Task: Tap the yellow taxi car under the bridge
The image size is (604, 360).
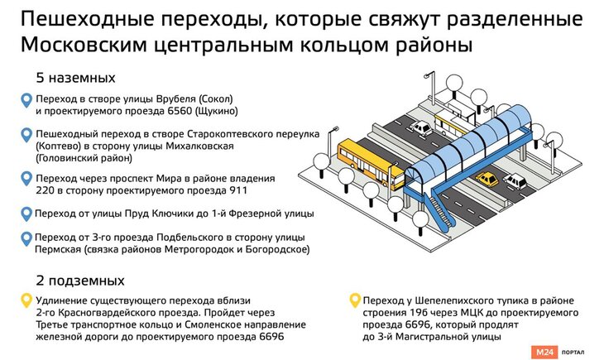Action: click(488, 180)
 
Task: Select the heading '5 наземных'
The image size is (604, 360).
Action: click(75, 79)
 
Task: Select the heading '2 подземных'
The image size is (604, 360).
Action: click(79, 279)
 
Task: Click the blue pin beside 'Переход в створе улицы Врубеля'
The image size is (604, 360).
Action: click(26, 102)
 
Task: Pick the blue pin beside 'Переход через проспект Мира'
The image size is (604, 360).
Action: click(26, 180)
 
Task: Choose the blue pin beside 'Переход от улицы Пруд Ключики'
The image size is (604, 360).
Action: click(26, 214)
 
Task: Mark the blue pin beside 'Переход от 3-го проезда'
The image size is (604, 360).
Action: click(26, 239)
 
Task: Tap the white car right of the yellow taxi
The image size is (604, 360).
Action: click(514, 180)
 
